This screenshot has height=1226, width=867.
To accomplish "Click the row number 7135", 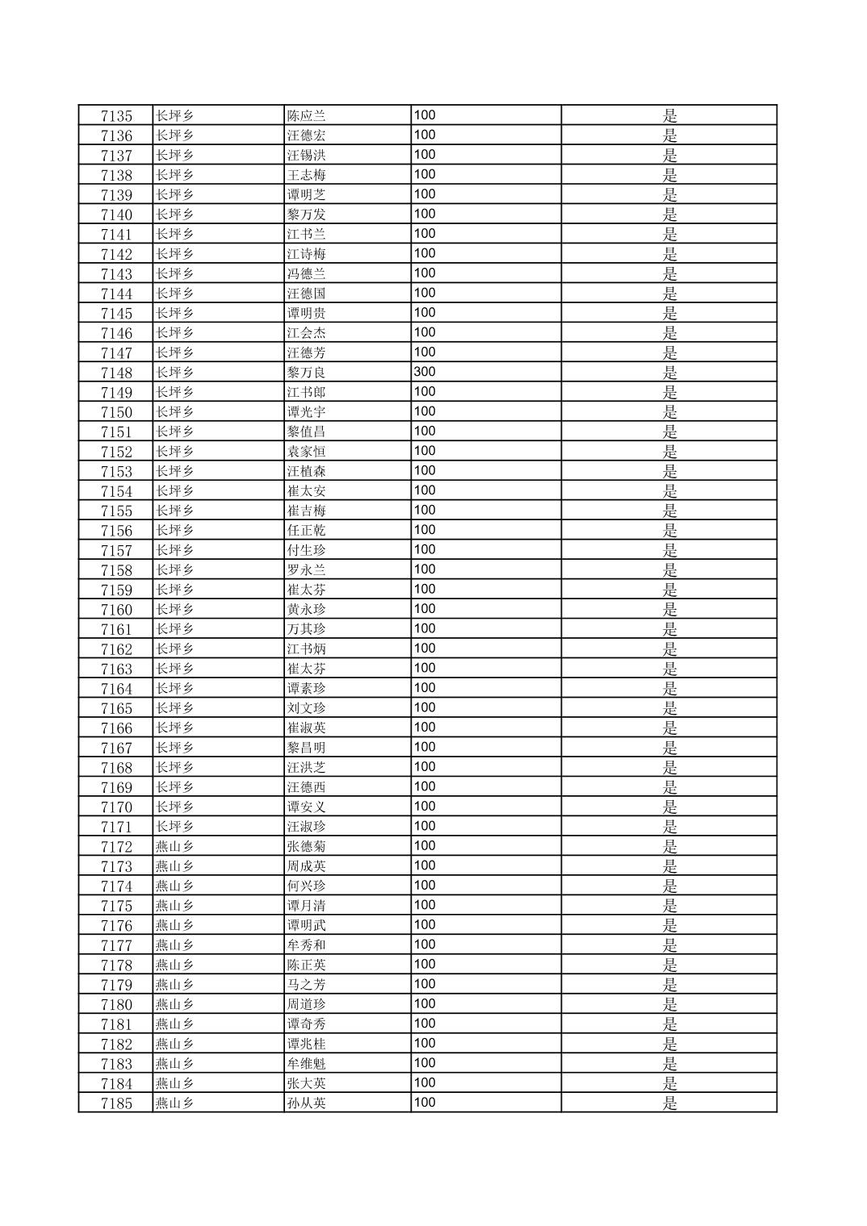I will pyautogui.click(x=116, y=116).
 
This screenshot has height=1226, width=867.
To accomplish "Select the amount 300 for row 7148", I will pyautogui.click(x=425, y=372).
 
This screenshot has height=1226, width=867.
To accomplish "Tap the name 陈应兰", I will pyautogui.click(x=307, y=116).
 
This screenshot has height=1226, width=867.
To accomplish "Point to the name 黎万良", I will pyautogui.click(x=307, y=373).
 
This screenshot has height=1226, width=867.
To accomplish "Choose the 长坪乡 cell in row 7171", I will pyautogui.click(x=174, y=827).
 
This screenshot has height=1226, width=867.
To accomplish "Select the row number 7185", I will pyautogui.click(x=116, y=1103).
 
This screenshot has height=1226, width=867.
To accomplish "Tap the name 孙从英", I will pyautogui.click(x=307, y=1103).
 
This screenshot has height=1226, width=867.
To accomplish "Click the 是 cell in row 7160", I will pyautogui.click(x=670, y=610).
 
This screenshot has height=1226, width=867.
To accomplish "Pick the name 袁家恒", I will pyautogui.click(x=307, y=452).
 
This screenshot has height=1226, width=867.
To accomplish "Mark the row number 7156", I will pyautogui.click(x=116, y=531).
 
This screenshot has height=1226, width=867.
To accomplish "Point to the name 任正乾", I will pyautogui.click(x=307, y=531).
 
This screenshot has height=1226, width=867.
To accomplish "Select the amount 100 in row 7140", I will pyautogui.click(x=425, y=214).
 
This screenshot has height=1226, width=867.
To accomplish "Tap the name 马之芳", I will pyautogui.click(x=307, y=985).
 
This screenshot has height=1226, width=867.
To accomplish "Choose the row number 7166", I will pyautogui.click(x=116, y=728).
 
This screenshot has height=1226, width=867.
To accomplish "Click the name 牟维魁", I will pyautogui.click(x=307, y=1064).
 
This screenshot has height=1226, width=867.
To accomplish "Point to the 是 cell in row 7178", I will pyautogui.click(x=670, y=965).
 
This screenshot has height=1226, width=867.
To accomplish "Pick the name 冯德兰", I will pyautogui.click(x=307, y=274).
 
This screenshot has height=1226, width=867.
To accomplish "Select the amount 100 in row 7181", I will pyautogui.click(x=425, y=1024).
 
